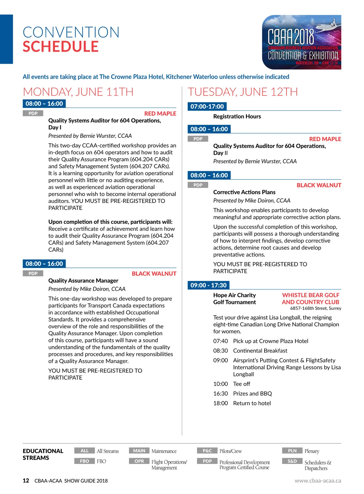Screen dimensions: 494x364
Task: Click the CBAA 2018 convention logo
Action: [x=302, y=42]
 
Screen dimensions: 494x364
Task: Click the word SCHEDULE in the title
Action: [x=61, y=47]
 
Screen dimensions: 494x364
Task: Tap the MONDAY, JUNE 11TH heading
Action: [x=78, y=92]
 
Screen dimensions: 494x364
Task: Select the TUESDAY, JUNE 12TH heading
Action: [x=243, y=92]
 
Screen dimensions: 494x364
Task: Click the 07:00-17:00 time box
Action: [x=207, y=106]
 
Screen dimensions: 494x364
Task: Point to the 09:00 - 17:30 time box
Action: [x=208, y=285]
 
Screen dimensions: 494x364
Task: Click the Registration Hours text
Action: [x=237, y=116]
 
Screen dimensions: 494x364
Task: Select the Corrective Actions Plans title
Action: [x=244, y=192]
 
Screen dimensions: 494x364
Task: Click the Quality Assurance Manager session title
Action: [x=83, y=280]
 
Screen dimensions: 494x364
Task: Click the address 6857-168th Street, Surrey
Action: [x=315, y=308]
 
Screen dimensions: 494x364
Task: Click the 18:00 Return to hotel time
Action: [x=221, y=403]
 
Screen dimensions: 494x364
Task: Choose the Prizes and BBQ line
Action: [x=252, y=393]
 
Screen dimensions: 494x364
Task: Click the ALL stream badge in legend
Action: [x=85, y=451]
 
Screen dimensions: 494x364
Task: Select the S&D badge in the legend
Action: [x=292, y=461]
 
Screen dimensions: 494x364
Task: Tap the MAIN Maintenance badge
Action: [x=139, y=451]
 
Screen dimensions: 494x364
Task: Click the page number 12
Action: [x=26, y=481]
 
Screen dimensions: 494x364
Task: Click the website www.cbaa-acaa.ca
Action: [x=318, y=481]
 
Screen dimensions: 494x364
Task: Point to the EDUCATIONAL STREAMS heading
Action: [x=43, y=454]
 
